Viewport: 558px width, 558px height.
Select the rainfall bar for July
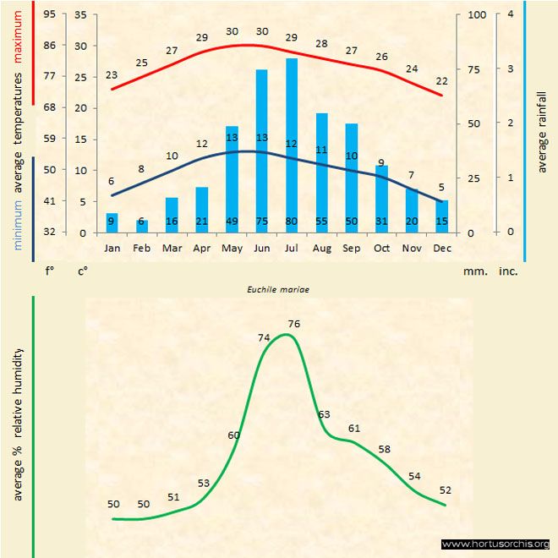click(x=292, y=145)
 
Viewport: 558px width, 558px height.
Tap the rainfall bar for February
click(x=142, y=226)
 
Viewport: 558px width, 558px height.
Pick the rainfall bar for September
click(x=352, y=178)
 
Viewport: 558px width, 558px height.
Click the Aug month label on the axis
click(x=321, y=249)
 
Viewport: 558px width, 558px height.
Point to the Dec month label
click(x=442, y=249)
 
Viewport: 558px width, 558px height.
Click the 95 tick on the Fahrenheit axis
click(x=50, y=14)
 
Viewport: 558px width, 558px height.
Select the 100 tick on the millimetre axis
click(x=477, y=14)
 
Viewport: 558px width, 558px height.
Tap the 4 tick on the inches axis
click(x=511, y=14)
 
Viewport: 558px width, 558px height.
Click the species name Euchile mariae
click(x=278, y=288)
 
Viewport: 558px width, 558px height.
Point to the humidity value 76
click(x=294, y=324)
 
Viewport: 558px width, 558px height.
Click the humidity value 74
click(x=264, y=337)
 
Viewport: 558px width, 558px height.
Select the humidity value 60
click(x=234, y=435)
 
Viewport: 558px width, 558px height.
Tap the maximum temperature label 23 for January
click(x=112, y=75)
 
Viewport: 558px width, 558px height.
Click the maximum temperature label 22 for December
click(x=441, y=81)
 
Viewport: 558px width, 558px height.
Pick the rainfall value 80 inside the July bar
click(x=292, y=221)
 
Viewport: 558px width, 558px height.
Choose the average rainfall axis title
click(x=542, y=131)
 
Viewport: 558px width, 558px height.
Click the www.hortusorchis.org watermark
click(x=495, y=544)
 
